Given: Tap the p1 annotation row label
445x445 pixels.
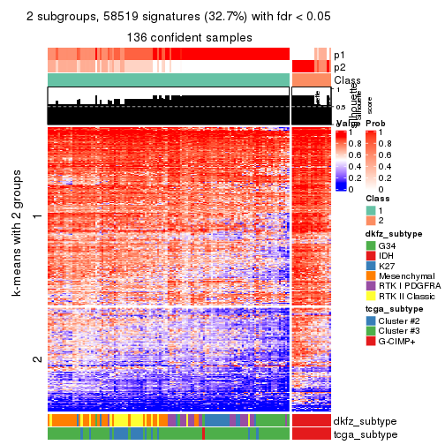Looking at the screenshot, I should [339, 54].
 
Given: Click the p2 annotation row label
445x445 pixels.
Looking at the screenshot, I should [339, 67].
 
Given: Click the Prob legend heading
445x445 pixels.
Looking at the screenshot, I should [375, 123].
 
